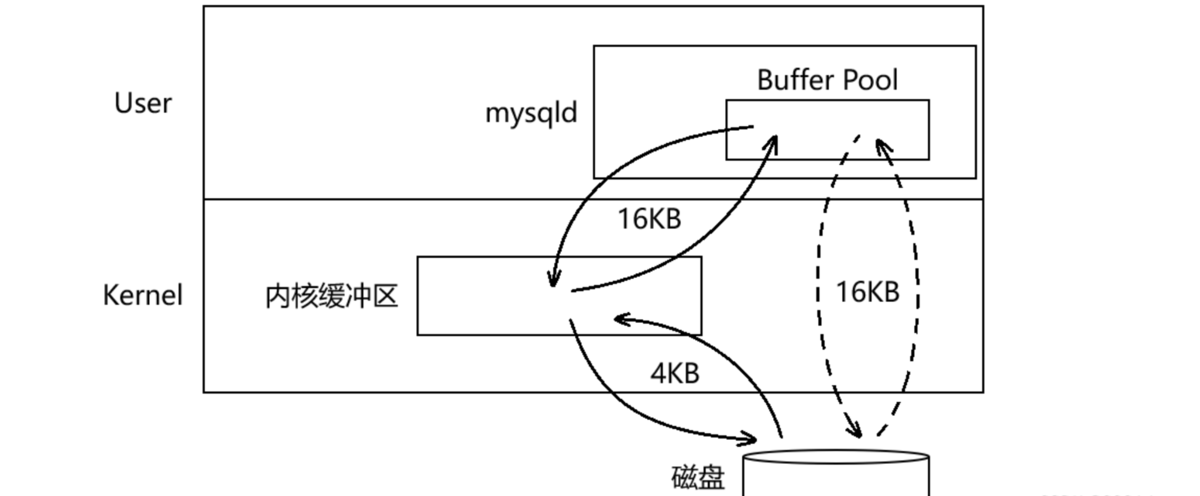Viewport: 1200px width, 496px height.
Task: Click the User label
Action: (143, 103)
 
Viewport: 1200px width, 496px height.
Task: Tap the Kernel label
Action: (143, 295)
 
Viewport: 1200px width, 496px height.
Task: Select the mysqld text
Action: (531, 113)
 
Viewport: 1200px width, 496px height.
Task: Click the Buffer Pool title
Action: (827, 80)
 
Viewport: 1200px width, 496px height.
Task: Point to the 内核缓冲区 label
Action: (332, 296)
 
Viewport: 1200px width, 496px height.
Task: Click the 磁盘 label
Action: (698, 478)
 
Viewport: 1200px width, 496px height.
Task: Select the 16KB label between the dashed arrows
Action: (867, 292)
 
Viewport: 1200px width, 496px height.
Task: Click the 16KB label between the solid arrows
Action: (649, 219)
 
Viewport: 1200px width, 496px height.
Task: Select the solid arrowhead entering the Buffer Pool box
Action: (772, 143)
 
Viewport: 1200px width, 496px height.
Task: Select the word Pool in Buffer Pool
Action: (870, 80)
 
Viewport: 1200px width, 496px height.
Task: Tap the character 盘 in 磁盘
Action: (711, 478)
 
